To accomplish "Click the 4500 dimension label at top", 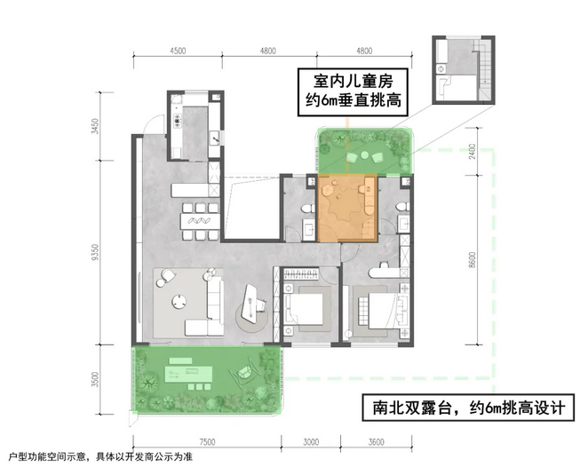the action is click(178, 51).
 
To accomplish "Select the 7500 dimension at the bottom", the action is click(207, 442).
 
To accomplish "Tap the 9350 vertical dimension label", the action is click(97, 252).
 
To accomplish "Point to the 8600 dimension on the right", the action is click(473, 259).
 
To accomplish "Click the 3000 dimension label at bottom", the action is click(311, 442).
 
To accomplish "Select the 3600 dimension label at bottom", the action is click(376, 442).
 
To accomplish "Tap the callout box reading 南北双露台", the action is click(468, 408).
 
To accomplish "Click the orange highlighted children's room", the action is click(347, 208).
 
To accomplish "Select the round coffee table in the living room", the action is click(179, 301).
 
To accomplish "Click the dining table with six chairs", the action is click(200, 221).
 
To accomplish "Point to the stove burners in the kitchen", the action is click(178, 121).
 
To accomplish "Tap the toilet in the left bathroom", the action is click(308, 208).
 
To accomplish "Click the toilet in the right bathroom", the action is click(403, 207).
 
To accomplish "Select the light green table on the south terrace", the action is click(189, 374).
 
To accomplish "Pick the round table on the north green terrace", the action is click(364, 154).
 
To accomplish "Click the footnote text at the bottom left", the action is click(100, 457).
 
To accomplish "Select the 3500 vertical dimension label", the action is click(97, 380).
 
